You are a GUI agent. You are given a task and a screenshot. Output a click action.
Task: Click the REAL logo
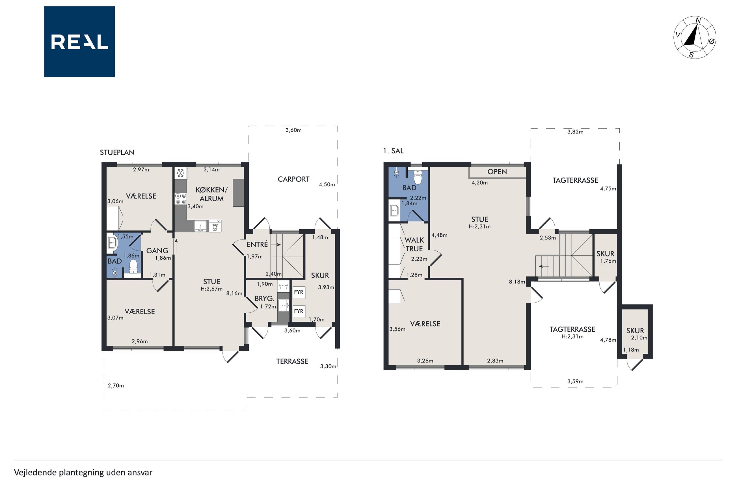tap(79, 42)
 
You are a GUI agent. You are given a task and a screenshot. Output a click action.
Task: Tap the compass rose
tap(694, 38)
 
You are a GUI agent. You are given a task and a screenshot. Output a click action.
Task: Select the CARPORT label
tap(293, 179)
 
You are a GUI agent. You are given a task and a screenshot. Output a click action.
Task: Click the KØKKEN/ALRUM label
tap(211, 194)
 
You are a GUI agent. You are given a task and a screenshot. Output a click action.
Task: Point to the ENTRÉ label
tap(257, 244)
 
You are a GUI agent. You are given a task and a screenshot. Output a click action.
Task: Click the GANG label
tap(157, 251)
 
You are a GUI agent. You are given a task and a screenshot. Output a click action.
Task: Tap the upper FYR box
tap(299, 292)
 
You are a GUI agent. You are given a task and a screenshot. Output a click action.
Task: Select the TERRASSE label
tap(292, 361)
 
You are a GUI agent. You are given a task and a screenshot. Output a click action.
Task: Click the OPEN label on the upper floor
tap(497, 172)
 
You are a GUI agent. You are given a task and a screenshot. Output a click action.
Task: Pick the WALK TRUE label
tap(414, 244)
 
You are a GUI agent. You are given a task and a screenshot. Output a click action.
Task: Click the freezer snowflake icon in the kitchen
tap(181, 173)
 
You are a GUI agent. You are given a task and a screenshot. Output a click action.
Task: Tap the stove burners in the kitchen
tap(181, 199)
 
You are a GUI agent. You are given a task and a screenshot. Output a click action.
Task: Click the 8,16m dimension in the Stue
tap(234, 293)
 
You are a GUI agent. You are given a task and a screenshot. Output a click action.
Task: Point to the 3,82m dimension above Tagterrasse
tap(575, 132)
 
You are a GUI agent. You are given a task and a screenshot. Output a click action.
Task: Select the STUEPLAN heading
tap(117, 152)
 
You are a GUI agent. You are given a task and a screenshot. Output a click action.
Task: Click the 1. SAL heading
tap(393, 151)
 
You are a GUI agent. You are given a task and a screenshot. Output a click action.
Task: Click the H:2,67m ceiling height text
tap(211, 289)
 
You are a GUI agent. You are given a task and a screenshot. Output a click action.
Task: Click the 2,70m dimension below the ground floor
tap(116, 386)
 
